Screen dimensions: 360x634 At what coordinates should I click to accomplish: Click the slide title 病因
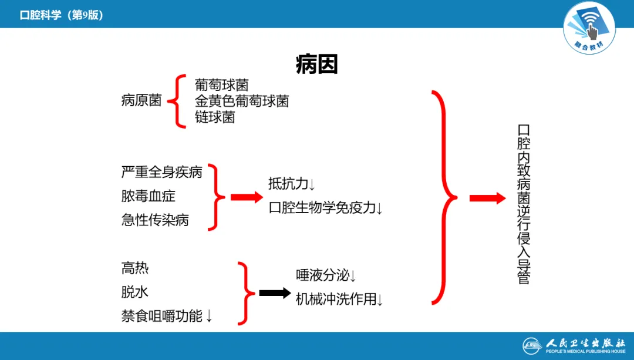[x=316, y=65]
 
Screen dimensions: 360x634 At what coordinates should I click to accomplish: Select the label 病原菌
[x=141, y=100]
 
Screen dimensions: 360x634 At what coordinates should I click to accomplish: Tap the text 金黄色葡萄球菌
[x=242, y=101]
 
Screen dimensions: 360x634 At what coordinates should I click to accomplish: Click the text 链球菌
[x=215, y=117]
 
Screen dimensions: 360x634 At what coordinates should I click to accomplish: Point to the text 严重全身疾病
[x=161, y=172]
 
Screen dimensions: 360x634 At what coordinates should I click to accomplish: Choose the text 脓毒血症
[x=148, y=196]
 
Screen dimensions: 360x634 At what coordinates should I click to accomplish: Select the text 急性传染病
[x=155, y=220]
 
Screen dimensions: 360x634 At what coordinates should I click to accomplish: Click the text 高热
[x=134, y=268]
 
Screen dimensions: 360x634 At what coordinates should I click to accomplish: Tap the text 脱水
[x=134, y=292]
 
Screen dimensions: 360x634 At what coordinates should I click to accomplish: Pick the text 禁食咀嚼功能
[x=167, y=317]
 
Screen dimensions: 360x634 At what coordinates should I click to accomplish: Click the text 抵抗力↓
[x=292, y=184]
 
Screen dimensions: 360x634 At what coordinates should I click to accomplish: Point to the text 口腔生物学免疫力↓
[x=326, y=208]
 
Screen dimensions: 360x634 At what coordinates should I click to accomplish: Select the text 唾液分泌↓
[x=326, y=275]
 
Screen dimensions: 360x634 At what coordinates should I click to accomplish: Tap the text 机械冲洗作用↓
[x=339, y=299]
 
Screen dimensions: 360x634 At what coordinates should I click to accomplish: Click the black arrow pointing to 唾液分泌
[x=275, y=292]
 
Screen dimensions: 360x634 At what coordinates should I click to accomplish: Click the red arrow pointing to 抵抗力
[x=247, y=197]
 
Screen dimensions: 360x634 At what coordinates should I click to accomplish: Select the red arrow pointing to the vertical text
[x=487, y=198]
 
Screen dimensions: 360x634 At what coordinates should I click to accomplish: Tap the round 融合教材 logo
[x=589, y=28]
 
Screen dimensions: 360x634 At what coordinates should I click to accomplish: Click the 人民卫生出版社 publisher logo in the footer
[x=575, y=345]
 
